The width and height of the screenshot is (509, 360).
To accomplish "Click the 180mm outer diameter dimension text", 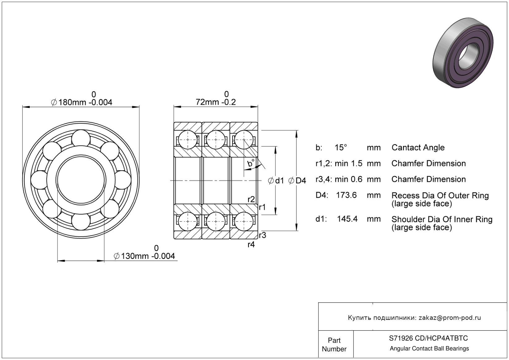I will pos(81,102).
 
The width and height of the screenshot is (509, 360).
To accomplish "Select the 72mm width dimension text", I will pos(216,102).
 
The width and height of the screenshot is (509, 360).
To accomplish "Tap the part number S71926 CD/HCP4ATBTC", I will pos(429,338).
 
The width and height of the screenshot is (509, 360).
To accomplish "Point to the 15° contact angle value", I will pos(341,148).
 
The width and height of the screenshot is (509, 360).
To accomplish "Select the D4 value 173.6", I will pos(346,195).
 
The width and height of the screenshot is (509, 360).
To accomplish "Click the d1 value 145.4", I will pos(347,219).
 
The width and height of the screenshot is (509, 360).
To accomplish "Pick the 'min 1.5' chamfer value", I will pos(349,163).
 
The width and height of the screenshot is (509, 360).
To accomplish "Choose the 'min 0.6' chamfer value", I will pos(349,179).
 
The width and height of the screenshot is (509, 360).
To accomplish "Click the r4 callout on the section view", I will pos(251,245).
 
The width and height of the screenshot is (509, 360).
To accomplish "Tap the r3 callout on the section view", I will pos(262,235).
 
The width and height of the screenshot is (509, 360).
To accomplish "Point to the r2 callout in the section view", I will pos(251,199).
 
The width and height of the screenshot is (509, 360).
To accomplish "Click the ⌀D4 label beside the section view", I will pos(297,181).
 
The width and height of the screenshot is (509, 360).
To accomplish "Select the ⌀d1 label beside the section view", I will pos(276,181).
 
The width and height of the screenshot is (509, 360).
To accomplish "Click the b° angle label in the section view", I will pos(251,163).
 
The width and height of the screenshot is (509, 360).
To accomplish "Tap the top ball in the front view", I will pos(81,138).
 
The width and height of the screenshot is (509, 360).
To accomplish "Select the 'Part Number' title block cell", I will pos(334,345).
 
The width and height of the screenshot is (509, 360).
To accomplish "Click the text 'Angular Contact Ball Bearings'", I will pos(429,349).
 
